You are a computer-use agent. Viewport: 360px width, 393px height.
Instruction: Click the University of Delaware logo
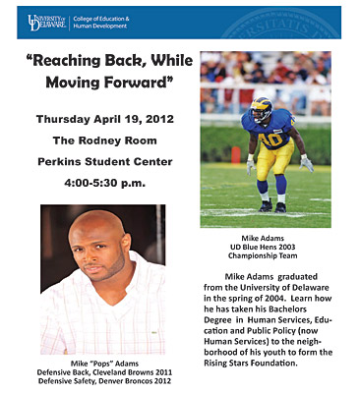46,23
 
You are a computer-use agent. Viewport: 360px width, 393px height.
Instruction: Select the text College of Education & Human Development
101,23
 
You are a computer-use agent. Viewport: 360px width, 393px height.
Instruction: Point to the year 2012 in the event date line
159,119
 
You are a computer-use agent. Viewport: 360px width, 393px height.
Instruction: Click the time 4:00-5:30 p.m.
104,183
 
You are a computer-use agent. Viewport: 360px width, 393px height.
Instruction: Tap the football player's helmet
262,109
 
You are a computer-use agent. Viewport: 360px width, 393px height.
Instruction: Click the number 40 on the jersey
270,139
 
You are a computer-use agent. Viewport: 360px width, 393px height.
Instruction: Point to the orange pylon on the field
235,155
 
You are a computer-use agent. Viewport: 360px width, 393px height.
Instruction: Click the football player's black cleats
272,206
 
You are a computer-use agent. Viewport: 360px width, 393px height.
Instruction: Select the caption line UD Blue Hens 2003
263,247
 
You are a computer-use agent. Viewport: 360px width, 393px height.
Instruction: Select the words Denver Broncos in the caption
129,381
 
